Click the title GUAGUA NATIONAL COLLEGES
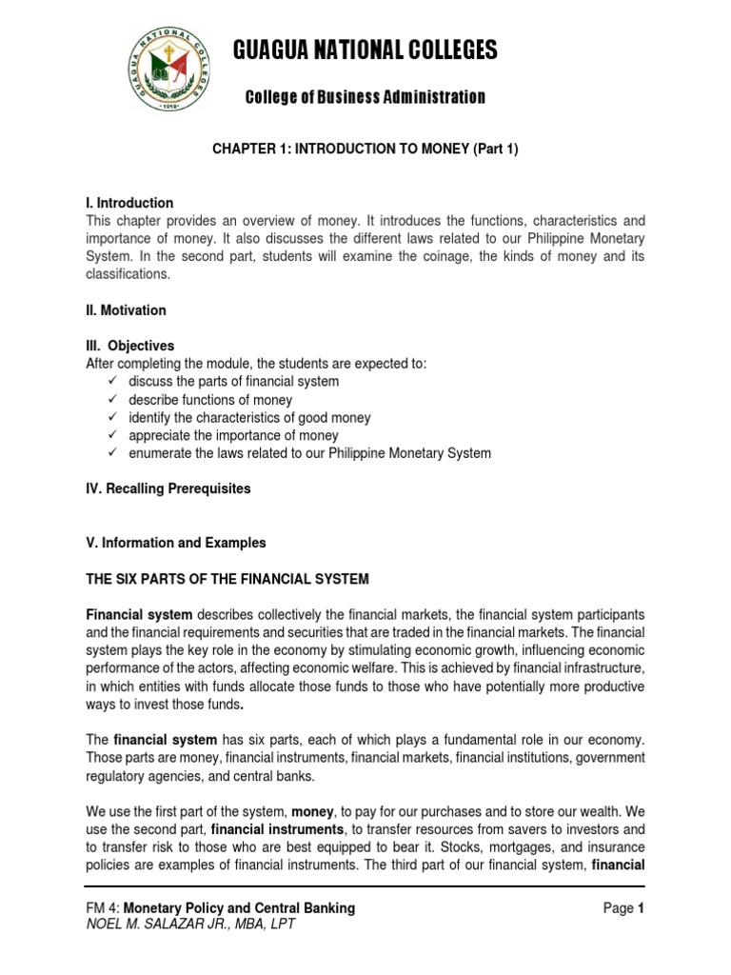click(x=365, y=51)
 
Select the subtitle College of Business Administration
click(x=365, y=97)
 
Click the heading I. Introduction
click(x=129, y=203)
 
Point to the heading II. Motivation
click(x=127, y=310)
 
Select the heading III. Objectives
click(x=130, y=346)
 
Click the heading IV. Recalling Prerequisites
click(x=168, y=488)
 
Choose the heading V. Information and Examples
click(x=176, y=543)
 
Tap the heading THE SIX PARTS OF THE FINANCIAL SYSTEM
click(x=227, y=579)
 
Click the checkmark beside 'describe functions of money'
click(x=113, y=400)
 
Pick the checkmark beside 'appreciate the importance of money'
click(x=113, y=435)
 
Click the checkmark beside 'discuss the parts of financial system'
click(x=113, y=382)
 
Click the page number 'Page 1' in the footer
click(x=624, y=908)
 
